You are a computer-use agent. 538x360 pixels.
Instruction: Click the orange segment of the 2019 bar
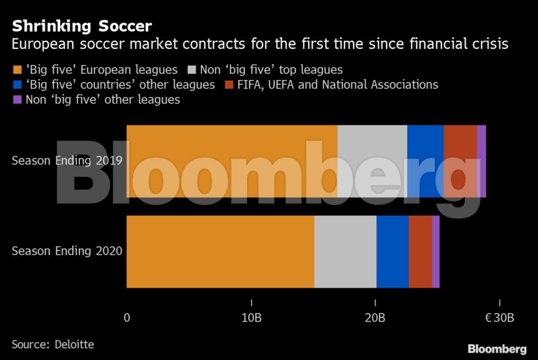(x=231, y=161)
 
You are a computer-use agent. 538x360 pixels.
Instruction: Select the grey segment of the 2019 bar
(x=372, y=161)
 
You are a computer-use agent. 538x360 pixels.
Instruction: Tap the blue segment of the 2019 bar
(x=425, y=161)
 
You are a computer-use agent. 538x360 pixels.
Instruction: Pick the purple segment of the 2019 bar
(x=481, y=161)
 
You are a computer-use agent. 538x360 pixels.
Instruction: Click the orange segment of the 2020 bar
(x=220, y=252)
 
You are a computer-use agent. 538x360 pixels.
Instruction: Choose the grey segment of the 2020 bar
(x=345, y=252)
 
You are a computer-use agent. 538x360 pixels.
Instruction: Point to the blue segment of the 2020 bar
(x=393, y=252)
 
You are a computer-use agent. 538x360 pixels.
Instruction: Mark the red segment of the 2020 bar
(x=420, y=252)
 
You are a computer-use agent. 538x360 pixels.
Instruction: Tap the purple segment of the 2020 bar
(x=436, y=252)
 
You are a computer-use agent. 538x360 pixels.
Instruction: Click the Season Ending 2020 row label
(x=67, y=251)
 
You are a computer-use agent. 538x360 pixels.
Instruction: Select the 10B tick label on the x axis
(x=251, y=318)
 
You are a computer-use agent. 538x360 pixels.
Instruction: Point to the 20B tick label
(x=375, y=318)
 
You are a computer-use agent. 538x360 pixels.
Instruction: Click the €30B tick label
(x=499, y=318)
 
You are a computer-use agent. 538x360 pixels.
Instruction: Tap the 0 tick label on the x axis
(x=127, y=318)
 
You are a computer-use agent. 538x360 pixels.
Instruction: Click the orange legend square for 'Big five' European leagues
(x=17, y=69)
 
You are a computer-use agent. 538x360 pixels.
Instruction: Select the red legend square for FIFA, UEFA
(x=229, y=85)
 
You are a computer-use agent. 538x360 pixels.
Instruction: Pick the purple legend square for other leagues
(x=17, y=100)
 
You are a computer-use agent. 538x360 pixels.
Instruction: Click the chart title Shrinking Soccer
(x=81, y=26)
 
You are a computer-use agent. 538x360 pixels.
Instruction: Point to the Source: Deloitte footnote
(x=53, y=345)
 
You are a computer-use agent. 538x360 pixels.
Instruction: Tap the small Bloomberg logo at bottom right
(x=496, y=349)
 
